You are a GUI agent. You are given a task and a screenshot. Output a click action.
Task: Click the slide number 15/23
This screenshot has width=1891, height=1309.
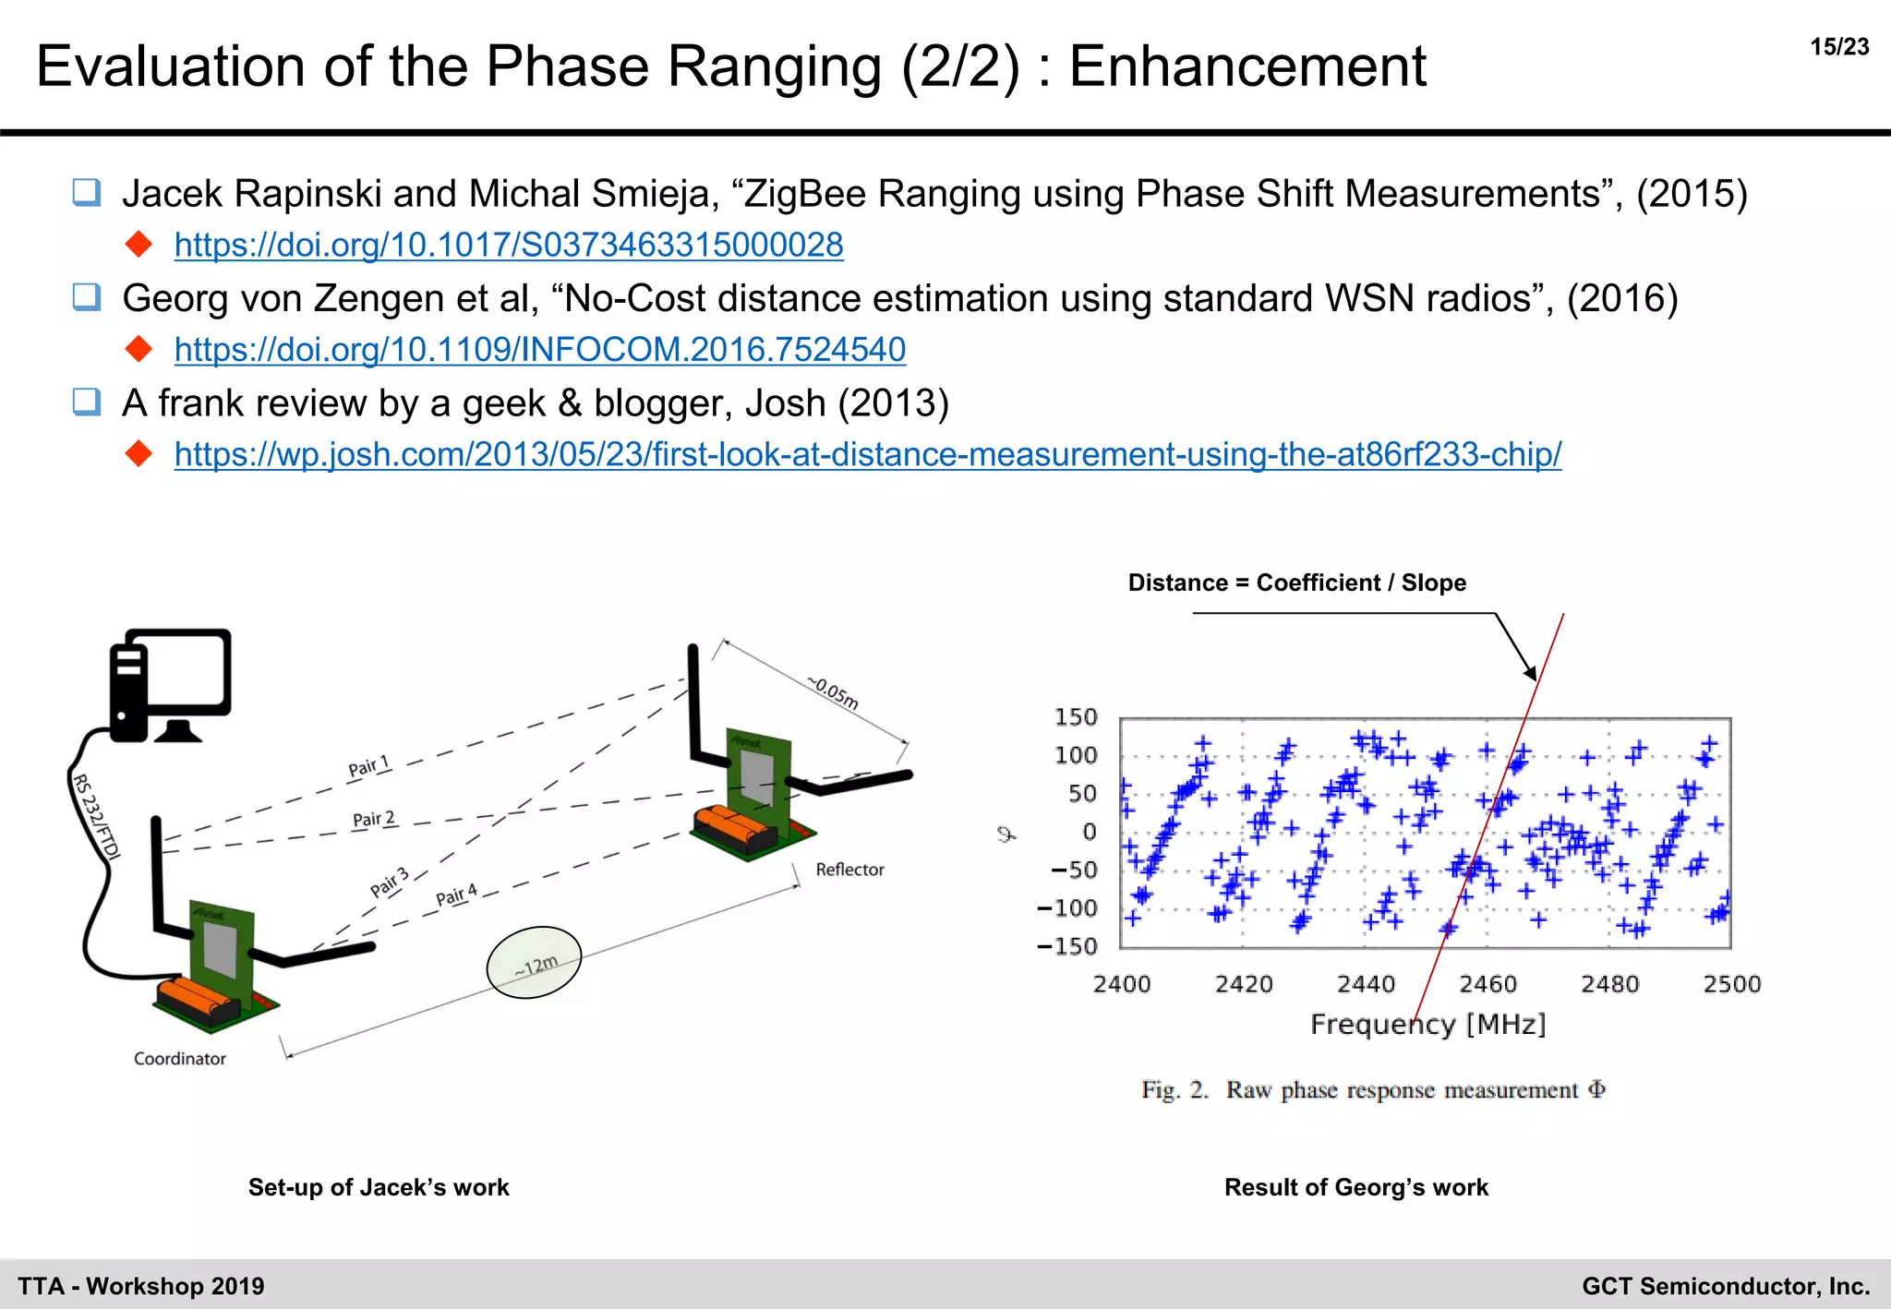pos(1838,47)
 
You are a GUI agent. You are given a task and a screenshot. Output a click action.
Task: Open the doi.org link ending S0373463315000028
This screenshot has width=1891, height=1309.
pos(508,245)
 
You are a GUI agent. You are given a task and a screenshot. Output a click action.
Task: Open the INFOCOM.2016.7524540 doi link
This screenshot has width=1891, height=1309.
pos(539,350)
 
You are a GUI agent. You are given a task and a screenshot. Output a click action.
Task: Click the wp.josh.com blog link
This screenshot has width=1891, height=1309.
pos(867,454)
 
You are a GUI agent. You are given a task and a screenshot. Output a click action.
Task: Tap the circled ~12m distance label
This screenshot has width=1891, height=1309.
pos(535,964)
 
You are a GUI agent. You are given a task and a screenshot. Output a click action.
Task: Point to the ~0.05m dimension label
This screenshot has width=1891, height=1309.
pos(834,692)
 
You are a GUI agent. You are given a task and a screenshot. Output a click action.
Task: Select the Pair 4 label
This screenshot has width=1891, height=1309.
pos(456,895)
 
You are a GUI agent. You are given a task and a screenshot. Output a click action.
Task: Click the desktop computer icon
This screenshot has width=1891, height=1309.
pos(171,684)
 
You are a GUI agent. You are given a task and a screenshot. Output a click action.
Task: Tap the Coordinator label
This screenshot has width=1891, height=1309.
pos(179,1059)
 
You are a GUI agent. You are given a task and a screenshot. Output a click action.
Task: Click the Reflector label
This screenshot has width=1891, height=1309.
pos(849,870)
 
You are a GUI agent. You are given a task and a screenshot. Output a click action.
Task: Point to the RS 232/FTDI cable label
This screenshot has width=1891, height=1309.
pos(96,817)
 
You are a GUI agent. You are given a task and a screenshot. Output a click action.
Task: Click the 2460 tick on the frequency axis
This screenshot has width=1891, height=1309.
pos(1488,984)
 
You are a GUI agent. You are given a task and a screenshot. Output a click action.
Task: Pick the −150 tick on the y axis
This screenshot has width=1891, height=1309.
pos(1066,946)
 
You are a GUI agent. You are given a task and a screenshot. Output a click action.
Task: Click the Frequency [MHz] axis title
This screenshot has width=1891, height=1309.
pos(1427,1024)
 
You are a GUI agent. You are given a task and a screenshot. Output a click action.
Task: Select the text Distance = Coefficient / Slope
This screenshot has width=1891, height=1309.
pos(1296,582)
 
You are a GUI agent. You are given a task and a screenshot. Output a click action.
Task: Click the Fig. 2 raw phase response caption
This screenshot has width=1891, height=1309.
pos(1373,1090)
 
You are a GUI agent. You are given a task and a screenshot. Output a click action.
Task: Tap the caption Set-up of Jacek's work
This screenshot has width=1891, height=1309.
pos(379,1187)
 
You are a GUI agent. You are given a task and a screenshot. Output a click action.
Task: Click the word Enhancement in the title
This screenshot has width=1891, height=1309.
pos(1247,66)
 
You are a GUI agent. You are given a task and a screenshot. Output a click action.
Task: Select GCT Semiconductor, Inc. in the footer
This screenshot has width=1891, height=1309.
pos(1725,1286)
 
